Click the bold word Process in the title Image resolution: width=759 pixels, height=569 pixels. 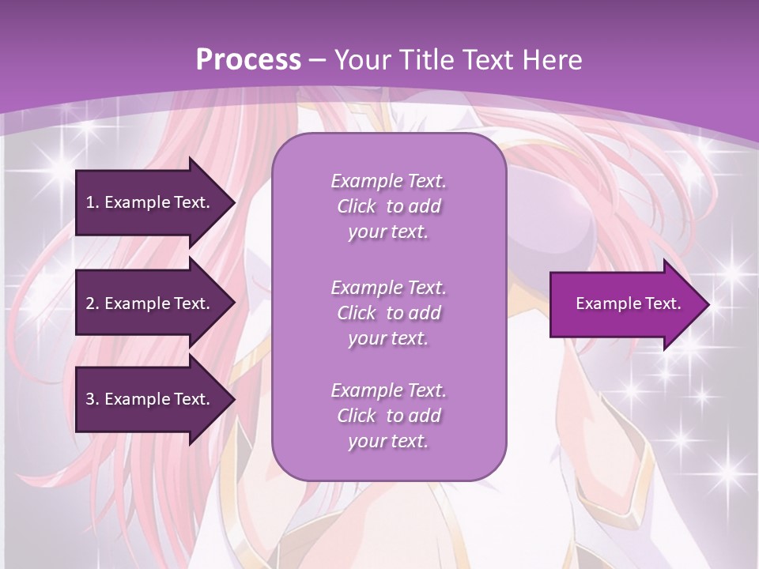click(248, 59)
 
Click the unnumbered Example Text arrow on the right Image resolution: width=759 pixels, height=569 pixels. click(628, 304)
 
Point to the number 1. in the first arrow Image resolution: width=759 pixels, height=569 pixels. click(93, 202)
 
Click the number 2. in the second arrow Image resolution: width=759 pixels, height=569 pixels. click(93, 303)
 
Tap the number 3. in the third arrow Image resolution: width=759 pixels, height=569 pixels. click(93, 399)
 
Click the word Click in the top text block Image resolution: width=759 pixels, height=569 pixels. click(357, 206)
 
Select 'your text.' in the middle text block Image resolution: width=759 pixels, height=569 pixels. click(388, 338)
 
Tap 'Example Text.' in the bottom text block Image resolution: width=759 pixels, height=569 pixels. click(388, 390)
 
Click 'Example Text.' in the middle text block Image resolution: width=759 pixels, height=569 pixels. click(388, 287)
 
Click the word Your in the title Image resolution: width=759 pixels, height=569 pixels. click(359, 59)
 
